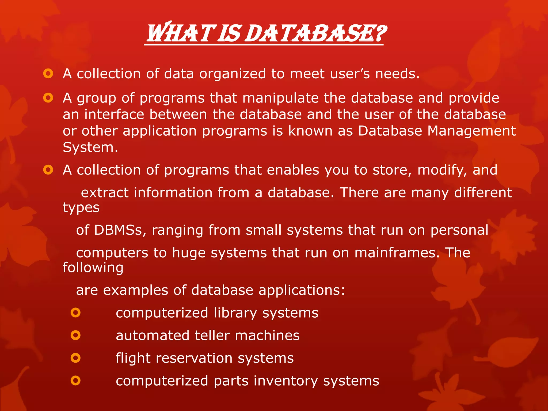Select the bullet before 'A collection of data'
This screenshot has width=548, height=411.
click(48, 73)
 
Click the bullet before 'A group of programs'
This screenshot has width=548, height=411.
click(48, 98)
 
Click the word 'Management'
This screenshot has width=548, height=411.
click(471, 131)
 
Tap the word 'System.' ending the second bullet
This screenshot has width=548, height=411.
click(90, 147)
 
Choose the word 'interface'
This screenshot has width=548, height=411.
click(114, 115)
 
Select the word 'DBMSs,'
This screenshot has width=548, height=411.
click(120, 230)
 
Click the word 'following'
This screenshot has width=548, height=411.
click(93, 268)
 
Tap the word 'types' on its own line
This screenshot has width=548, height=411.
click(81, 208)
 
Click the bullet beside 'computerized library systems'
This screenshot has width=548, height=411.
click(75, 313)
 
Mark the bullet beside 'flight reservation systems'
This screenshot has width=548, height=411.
click(75, 358)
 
